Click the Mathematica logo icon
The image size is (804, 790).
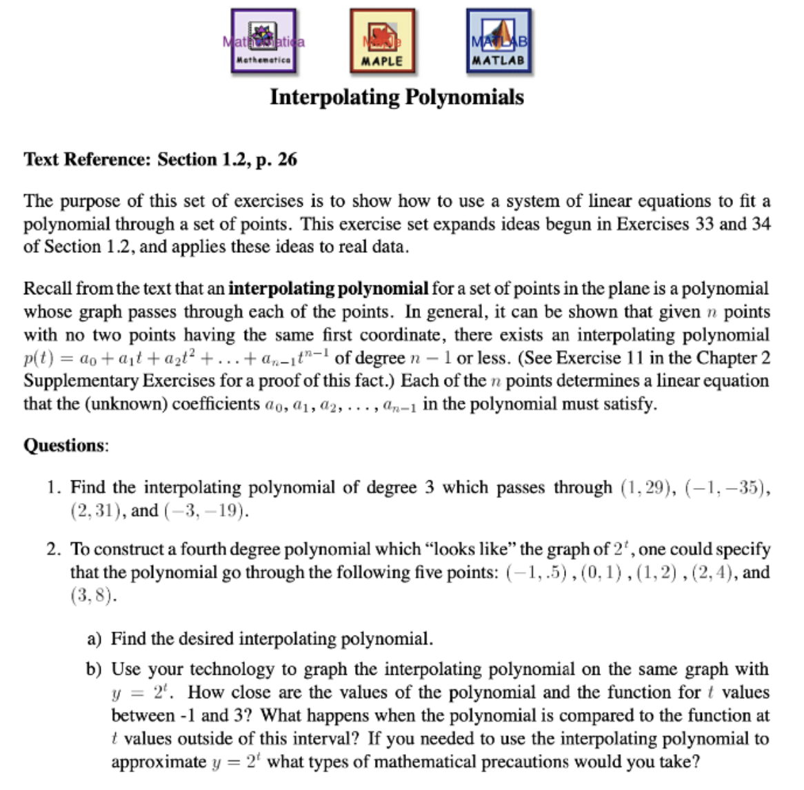click(263, 41)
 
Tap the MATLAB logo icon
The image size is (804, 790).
click(499, 41)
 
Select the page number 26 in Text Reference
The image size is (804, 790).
click(288, 160)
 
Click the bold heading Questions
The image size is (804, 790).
click(66, 445)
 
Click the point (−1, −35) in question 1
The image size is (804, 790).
click(725, 488)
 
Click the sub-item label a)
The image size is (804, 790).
click(94, 639)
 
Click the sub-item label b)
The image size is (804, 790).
click(94, 669)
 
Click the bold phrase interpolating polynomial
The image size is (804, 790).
click(328, 289)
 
